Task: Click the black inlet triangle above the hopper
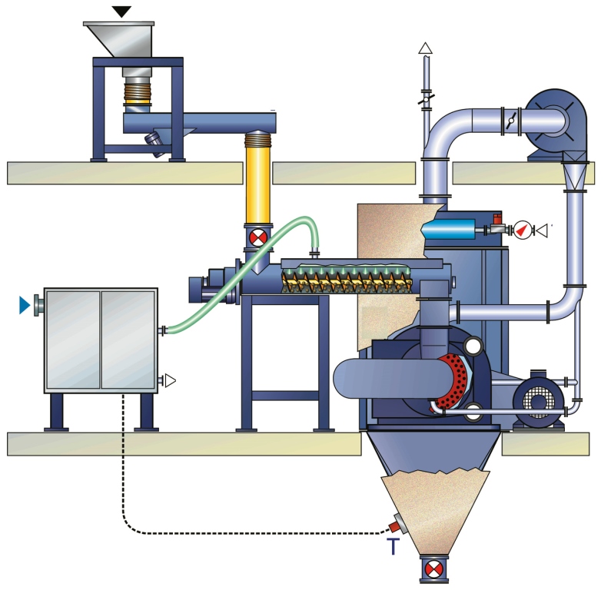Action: [121, 11]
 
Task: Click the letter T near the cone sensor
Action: [393, 546]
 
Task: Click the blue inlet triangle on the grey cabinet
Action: [25, 306]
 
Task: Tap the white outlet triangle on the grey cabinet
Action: [170, 380]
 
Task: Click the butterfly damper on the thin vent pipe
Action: [425, 99]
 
